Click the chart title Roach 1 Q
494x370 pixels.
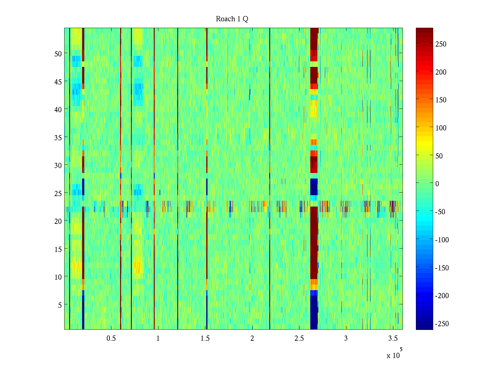tap(232, 19)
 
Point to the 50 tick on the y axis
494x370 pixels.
tap(58, 54)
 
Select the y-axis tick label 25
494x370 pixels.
tap(58, 193)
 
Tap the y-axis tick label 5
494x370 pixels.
tap(60, 305)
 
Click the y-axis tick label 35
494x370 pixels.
tap(58, 138)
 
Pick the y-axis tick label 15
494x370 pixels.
tap(58, 249)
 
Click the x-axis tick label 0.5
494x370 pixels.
tap(111, 339)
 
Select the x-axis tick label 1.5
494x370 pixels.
tap(205, 339)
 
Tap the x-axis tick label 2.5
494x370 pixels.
tap(299, 339)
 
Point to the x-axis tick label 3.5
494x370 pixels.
tap(393, 339)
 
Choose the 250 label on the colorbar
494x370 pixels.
tap(441, 44)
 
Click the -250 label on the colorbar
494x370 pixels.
tap(442, 324)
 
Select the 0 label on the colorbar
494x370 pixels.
tap(437, 184)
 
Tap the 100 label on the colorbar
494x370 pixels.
tap(441, 128)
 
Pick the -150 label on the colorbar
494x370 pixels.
tap(442, 268)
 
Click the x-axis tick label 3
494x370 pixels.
tap(346, 339)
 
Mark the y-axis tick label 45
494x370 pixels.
tap(58, 82)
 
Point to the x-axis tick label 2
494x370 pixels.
tap(252, 339)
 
